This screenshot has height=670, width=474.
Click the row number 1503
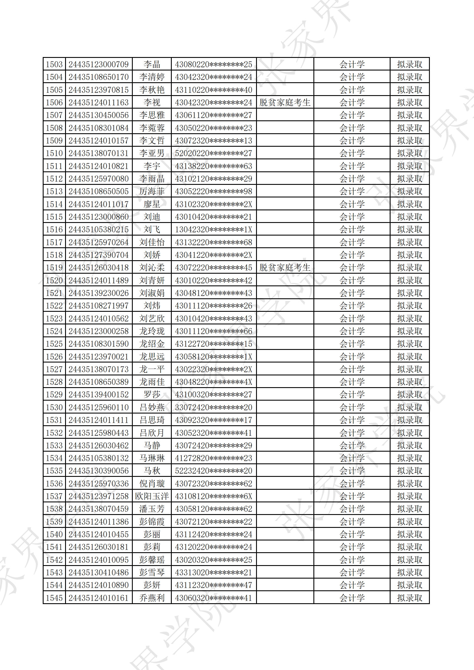pyautogui.click(x=54, y=64)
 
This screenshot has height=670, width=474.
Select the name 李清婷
pyautogui.click(x=152, y=77)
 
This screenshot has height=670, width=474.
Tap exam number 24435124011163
pyautogui.click(x=99, y=102)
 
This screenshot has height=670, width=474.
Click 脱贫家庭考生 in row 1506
pyautogui.click(x=285, y=102)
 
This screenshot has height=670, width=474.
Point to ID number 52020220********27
pyautogui.click(x=214, y=153)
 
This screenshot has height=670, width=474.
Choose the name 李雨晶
pyautogui.click(x=152, y=179)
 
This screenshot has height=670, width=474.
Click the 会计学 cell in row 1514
pyautogui.click(x=352, y=204)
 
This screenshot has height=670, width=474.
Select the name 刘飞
pyautogui.click(x=152, y=230)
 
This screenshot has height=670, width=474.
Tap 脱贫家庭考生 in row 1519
pyautogui.click(x=285, y=268)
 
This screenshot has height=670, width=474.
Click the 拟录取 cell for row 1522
pyautogui.click(x=409, y=306)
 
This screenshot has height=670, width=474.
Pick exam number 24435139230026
pyautogui.click(x=99, y=293)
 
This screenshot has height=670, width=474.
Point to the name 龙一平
pyautogui.click(x=152, y=369)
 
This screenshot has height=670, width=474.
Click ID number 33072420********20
pyautogui.click(x=214, y=408)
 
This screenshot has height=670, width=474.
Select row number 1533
pyautogui.click(x=54, y=446)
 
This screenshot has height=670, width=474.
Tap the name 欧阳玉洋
pyautogui.click(x=152, y=496)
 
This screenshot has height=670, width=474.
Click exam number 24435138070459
pyautogui.click(x=99, y=509)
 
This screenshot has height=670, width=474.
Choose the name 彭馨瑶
pyautogui.click(x=152, y=560)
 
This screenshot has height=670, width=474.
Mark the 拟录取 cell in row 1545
pyautogui.click(x=409, y=598)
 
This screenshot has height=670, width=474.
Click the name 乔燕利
pyautogui.click(x=152, y=598)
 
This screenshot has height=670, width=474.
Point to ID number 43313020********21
pyautogui.click(x=214, y=573)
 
